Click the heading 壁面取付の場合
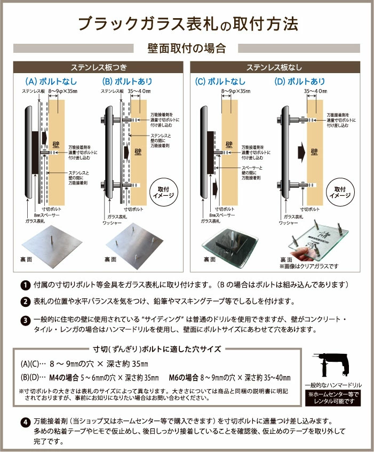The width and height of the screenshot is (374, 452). (x=187, y=49)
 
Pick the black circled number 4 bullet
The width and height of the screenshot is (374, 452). (x=25, y=423)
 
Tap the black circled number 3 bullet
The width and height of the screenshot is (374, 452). (x=25, y=321)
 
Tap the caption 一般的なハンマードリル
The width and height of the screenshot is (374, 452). (x=333, y=384)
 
